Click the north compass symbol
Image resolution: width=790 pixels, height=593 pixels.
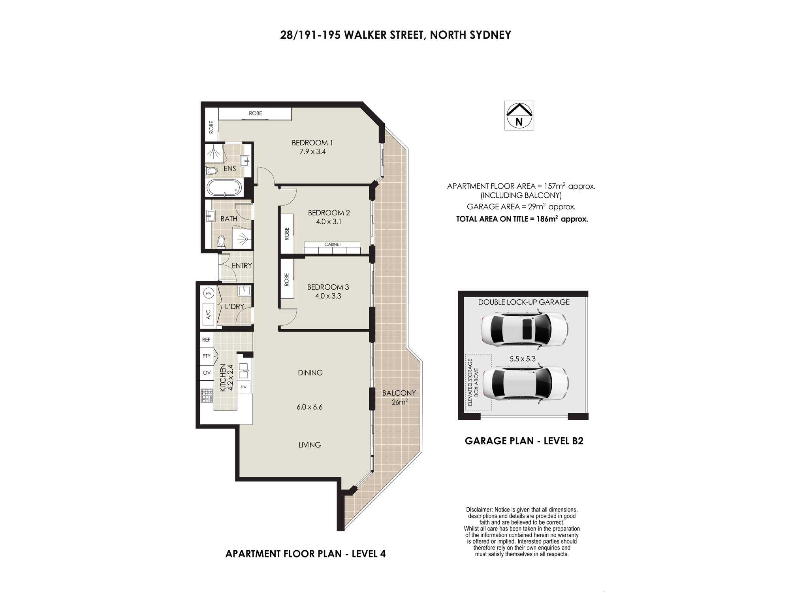519,115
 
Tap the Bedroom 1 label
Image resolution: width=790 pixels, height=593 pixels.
312,143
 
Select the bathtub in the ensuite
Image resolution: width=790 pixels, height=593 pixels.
224,188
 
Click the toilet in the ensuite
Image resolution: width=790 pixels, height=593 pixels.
211,171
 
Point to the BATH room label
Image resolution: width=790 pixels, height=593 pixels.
229,219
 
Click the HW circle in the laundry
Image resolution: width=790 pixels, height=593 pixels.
209,293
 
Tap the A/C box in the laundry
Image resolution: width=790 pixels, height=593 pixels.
208,314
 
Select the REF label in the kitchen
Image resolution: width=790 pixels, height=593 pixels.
206,340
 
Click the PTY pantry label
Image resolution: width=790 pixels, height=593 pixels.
207,356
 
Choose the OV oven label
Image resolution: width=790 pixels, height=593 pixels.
207,373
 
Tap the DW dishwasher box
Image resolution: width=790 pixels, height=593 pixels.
244,387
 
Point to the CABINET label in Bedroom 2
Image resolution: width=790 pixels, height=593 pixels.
333,244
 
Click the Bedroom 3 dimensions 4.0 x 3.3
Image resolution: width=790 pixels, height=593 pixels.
328,296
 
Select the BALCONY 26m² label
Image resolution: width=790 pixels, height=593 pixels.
399,397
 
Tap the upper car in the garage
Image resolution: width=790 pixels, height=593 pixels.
525,329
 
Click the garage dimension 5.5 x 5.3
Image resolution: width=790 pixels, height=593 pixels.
522,359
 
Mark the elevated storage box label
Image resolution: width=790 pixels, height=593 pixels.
473,382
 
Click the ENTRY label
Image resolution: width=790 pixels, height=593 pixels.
242,266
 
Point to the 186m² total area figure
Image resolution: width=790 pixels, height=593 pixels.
547,219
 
